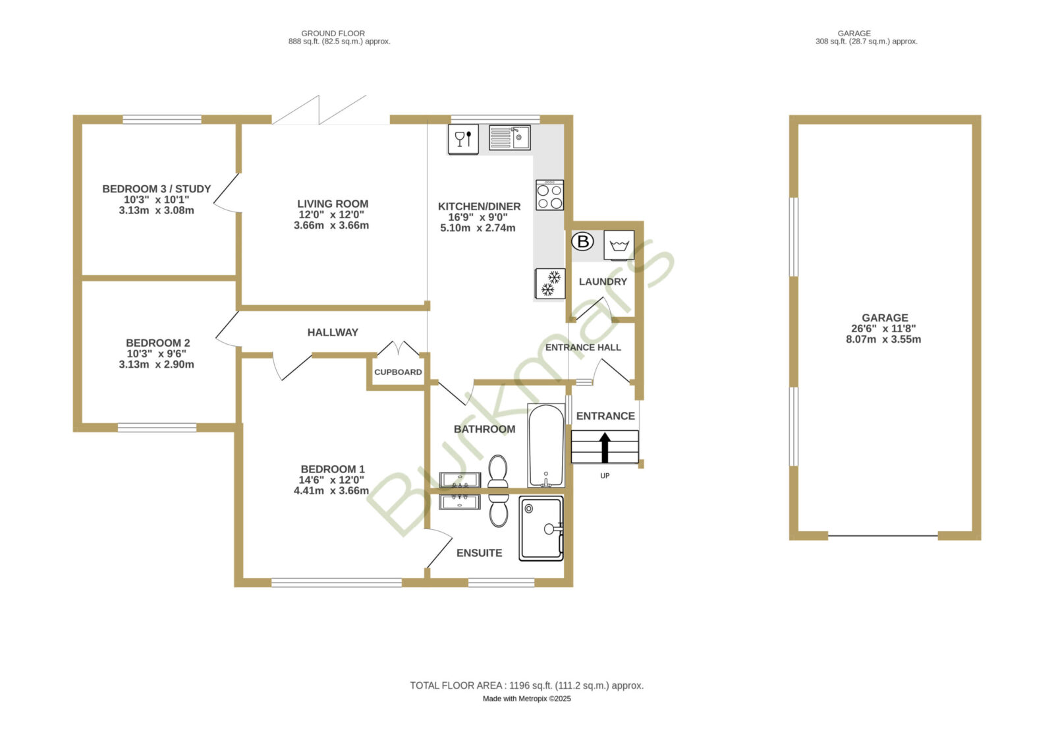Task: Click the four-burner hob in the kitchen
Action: (549, 195)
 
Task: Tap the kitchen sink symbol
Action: (510, 138)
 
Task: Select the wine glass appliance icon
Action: (463, 139)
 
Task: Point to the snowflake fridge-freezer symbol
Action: (549, 284)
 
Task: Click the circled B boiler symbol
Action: (582, 242)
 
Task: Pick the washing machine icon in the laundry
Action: (619, 244)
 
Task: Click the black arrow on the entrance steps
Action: (605, 447)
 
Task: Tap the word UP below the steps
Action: (605, 476)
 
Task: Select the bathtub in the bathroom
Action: (546, 445)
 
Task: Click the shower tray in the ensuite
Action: (541, 529)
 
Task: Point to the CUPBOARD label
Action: (398, 372)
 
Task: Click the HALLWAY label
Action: (333, 333)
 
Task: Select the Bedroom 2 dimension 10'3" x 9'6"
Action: (156, 353)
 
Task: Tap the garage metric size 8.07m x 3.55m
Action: (883, 339)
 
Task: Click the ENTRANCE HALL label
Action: (583, 347)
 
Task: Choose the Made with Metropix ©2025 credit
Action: (526, 699)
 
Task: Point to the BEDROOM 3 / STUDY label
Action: (156, 188)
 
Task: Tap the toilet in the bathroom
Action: (498, 471)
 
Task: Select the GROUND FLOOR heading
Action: (333, 34)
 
